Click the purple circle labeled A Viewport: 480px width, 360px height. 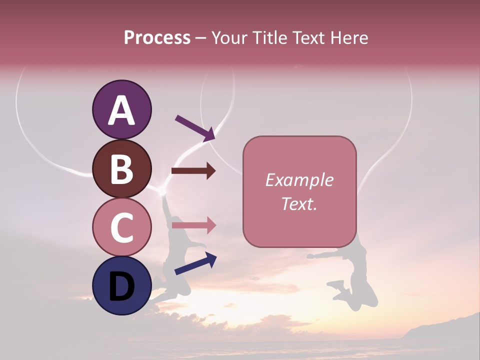121,110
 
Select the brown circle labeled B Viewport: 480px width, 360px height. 121,169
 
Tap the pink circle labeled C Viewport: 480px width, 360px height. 121,227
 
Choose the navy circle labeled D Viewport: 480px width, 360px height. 121,285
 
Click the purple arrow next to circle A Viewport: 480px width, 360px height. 195,127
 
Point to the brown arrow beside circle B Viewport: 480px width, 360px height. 193,171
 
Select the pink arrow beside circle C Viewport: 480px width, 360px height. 193,225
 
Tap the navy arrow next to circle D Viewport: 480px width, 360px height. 195,263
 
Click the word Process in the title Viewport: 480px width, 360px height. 157,38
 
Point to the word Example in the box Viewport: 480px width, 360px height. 299,180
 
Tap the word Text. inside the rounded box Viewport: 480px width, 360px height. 299,203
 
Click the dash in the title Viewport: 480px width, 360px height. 200,38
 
